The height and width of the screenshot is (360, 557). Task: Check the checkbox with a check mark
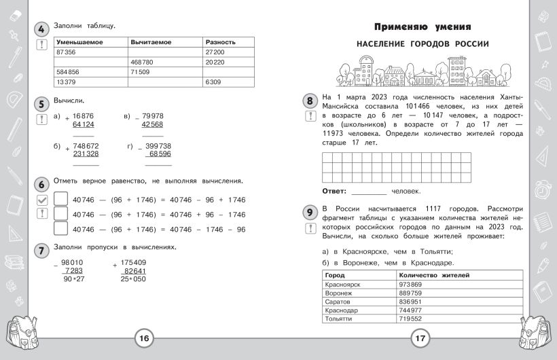[41, 200]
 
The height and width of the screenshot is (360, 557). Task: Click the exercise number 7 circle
[41, 249]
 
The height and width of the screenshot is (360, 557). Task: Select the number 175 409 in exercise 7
[134, 262]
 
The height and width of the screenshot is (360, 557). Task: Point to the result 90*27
[74, 279]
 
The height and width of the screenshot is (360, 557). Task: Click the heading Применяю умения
[423, 27]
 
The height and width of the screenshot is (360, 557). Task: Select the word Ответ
[334, 191]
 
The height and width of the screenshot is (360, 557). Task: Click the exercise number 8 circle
[310, 102]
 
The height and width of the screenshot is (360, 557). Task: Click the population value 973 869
[411, 284]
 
